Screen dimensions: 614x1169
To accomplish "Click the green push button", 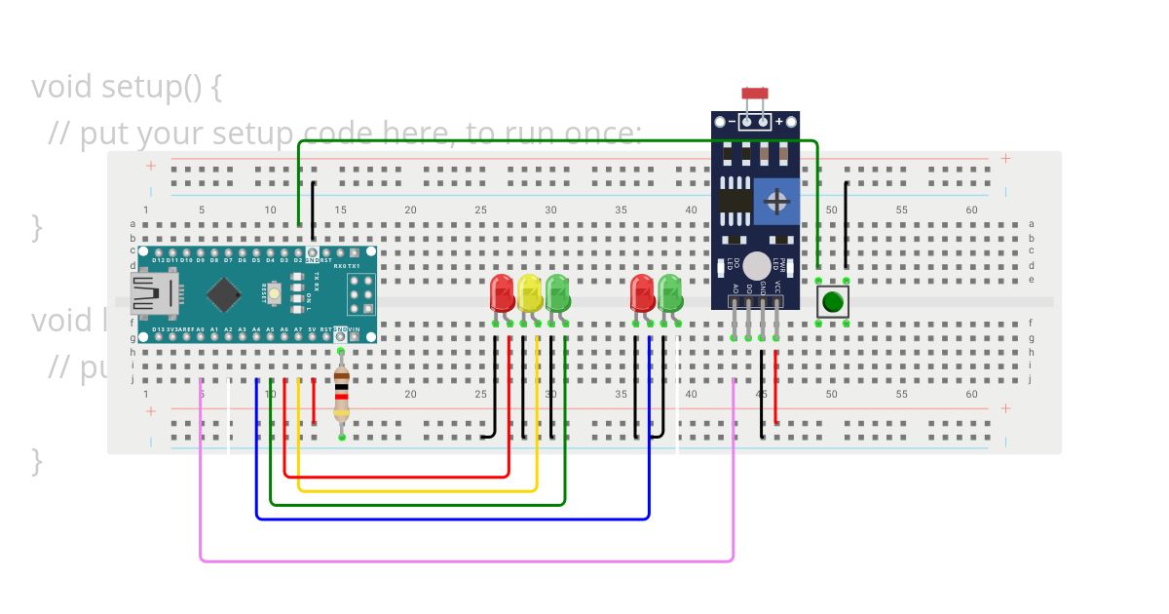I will (x=832, y=301).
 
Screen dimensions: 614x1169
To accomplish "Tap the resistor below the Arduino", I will (x=341, y=395).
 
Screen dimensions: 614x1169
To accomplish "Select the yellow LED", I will (x=529, y=292).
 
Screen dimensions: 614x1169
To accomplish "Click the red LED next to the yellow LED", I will (x=502, y=292).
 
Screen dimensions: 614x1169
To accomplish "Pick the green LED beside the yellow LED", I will (x=557, y=292).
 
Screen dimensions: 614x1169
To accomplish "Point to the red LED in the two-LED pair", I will (x=642, y=292).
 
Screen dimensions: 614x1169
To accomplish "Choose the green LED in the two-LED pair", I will (x=670, y=292).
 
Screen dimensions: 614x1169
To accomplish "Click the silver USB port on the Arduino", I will (x=154, y=292).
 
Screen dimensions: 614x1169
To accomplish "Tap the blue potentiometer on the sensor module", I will (x=777, y=202).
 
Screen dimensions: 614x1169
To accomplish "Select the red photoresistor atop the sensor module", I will (x=755, y=94).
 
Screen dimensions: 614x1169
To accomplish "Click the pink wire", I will (x=468, y=561).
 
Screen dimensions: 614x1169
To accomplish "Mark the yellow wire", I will (x=419, y=490).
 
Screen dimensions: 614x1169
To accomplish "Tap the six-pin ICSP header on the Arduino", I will (x=359, y=291).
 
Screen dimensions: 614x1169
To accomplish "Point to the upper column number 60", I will (x=971, y=211).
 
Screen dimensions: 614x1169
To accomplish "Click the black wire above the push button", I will (x=846, y=224).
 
